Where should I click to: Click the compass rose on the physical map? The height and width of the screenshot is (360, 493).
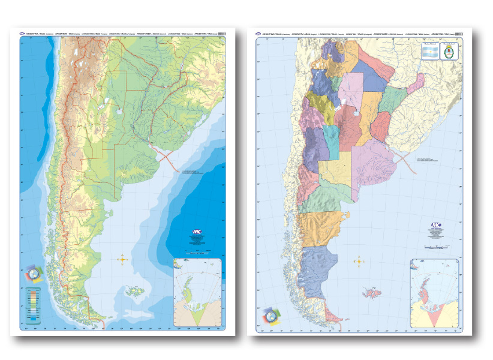[124, 259]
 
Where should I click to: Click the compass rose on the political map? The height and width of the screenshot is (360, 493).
[359, 262]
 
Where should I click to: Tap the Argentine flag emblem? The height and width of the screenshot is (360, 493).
[429, 53]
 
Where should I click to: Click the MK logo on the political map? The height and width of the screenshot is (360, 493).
[436, 226]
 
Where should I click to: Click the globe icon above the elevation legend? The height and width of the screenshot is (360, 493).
[34, 274]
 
